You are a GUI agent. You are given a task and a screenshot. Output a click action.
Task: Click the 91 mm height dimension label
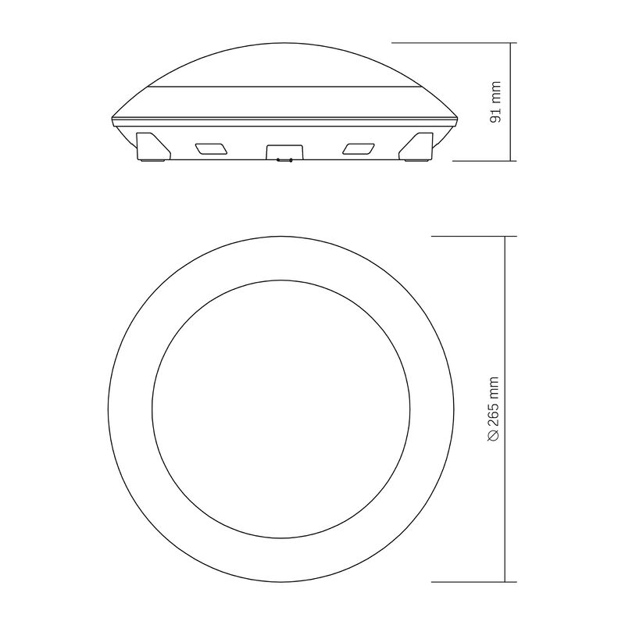coord(495,102)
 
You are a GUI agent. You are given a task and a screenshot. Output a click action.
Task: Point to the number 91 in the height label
coord(495,112)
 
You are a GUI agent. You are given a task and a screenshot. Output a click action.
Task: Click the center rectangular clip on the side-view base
coord(284,152)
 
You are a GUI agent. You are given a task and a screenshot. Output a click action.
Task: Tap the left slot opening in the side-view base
coord(212,148)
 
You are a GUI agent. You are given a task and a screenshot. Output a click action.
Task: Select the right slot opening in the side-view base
coord(357,148)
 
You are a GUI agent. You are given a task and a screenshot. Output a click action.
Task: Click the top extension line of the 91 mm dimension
coord(453,42)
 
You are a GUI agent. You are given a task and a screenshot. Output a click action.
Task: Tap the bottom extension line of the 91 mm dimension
coord(484,161)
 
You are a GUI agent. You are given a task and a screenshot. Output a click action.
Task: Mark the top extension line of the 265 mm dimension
coord(473,236)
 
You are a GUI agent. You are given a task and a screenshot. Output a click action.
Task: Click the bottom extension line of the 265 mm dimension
coord(473,581)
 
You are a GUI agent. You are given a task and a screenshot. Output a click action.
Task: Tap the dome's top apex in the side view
coord(284,45)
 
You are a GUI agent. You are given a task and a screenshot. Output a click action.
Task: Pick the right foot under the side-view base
coord(416,161)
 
